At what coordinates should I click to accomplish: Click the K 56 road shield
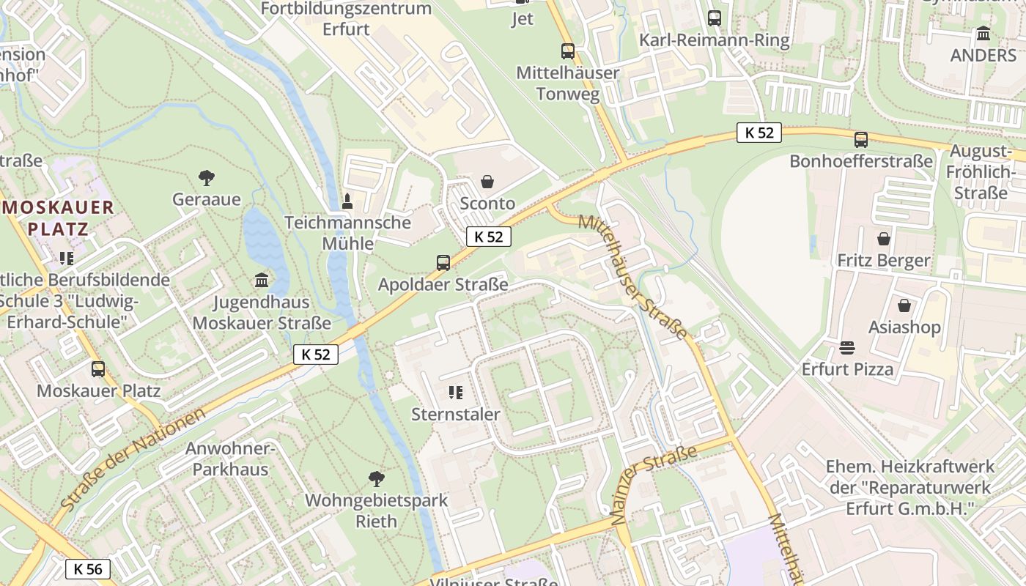click(x=88, y=568)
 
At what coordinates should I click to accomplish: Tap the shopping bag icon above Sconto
click(x=487, y=181)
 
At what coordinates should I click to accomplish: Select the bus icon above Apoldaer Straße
click(x=443, y=262)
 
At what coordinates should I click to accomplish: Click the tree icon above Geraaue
click(x=207, y=177)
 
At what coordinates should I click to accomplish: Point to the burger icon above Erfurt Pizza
click(x=847, y=346)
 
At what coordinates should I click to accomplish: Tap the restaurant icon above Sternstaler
click(x=455, y=393)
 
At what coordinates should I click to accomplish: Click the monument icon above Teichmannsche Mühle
click(x=348, y=200)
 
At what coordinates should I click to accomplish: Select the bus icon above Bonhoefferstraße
click(x=861, y=139)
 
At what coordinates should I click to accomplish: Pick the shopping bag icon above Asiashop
click(x=904, y=305)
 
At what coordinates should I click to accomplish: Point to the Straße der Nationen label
click(x=133, y=460)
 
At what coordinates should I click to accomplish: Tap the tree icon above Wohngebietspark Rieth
click(x=377, y=479)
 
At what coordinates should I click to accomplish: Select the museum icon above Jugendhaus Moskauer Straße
click(x=261, y=280)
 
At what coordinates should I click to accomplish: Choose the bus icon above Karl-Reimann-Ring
click(x=715, y=18)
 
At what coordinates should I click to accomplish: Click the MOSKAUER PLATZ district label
click(x=58, y=217)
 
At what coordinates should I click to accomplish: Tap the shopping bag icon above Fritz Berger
click(x=884, y=239)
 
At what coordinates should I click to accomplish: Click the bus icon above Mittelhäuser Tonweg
click(x=568, y=51)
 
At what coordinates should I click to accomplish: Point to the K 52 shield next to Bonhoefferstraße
click(x=759, y=133)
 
